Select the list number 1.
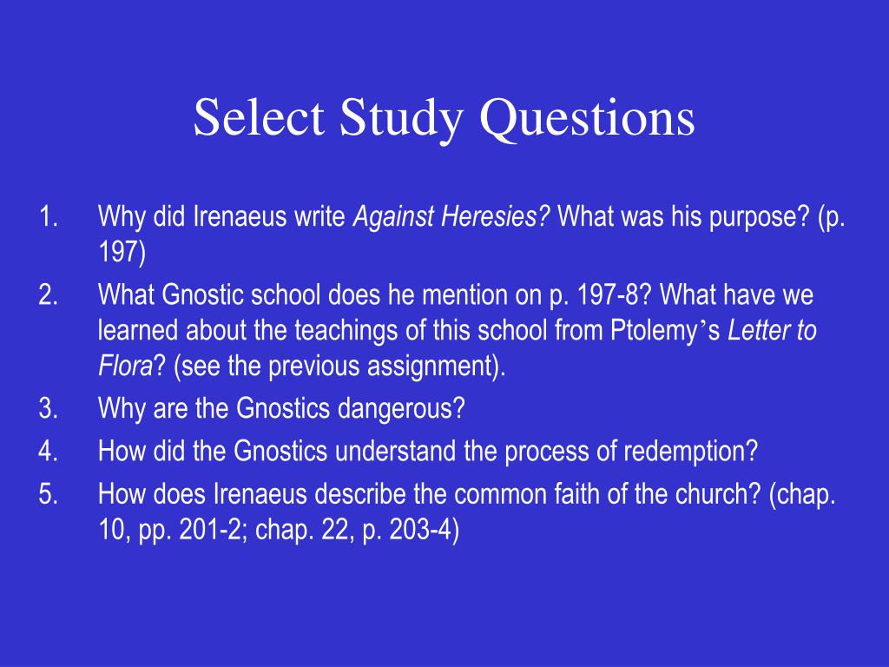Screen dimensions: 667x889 [48, 217]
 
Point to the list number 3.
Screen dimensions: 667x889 [48, 408]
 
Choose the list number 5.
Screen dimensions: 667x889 [48, 494]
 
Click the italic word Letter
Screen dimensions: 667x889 [755, 331]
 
